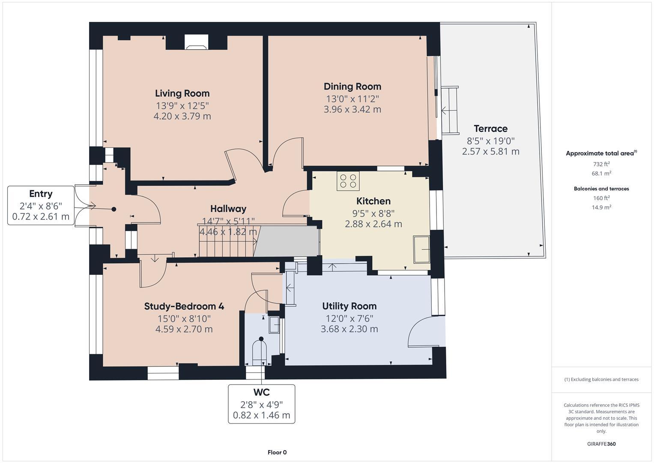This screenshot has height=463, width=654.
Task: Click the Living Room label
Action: point(182,93)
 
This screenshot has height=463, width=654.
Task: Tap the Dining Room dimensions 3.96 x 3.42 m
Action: point(352,109)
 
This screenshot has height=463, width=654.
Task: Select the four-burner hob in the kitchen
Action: point(348,180)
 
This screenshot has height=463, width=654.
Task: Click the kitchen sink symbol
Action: point(421,249)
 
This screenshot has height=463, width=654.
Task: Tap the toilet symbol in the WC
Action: point(260,352)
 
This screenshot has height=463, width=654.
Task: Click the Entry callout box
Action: point(41,205)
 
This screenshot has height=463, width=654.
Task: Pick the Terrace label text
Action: point(490,129)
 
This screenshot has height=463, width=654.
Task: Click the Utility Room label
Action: point(349,306)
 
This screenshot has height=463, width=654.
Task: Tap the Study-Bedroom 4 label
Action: point(184,307)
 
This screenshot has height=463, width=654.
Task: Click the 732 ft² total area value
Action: point(601,164)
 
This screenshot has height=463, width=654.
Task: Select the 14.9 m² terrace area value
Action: point(601,207)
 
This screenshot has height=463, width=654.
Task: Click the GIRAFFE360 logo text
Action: point(601,444)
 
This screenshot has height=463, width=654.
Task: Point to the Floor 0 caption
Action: point(277,452)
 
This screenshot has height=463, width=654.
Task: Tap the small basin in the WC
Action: point(274,325)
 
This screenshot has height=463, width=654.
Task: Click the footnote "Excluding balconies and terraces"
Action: point(601,379)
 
